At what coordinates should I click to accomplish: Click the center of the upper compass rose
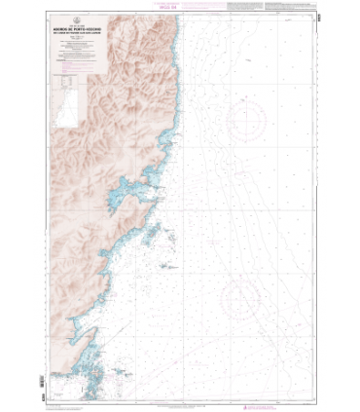tap(252, 126)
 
